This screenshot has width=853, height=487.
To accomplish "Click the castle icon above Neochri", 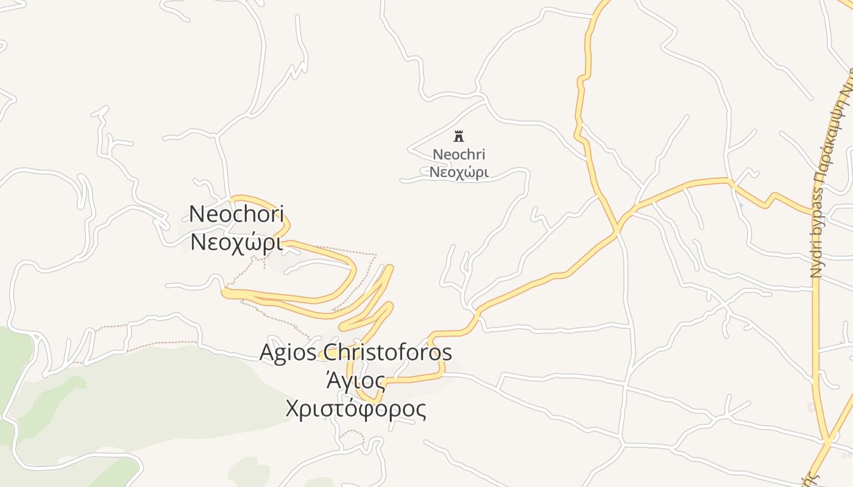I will point(459,136).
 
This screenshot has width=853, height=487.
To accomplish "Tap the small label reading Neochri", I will point(459,155).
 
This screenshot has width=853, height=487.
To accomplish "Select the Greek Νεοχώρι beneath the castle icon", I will point(459,172).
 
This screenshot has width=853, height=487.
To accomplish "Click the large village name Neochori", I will point(236,214).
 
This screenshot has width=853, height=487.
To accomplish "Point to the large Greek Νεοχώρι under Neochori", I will point(236,242).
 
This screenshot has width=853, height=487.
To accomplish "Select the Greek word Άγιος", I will point(356,382).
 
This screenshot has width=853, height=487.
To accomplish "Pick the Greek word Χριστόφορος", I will point(356,409).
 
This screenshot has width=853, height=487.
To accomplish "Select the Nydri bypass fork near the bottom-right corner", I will point(828,440).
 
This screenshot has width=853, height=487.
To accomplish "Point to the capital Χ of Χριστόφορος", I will point(294,409).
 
